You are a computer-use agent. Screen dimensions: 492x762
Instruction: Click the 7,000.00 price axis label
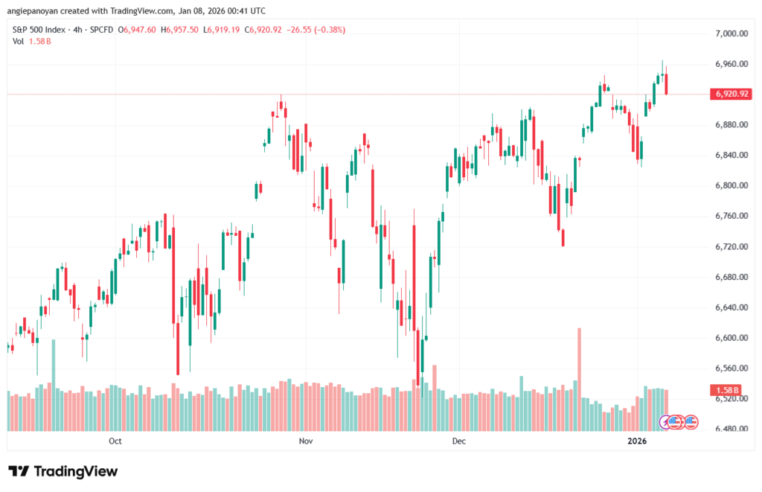tap(730, 33)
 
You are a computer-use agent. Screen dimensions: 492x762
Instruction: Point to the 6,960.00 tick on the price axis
tap(730, 64)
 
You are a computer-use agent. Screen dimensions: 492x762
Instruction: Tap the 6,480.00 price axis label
tap(730, 429)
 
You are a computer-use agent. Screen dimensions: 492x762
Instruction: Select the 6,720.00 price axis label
tap(730, 246)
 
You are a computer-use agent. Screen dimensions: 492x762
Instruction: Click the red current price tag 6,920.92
tap(729, 95)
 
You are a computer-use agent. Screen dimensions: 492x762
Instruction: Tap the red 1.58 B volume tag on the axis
tap(726, 390)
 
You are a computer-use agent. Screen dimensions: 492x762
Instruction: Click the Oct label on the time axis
tap(115, 441)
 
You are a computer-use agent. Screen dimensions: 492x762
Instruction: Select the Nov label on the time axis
tap(304, 441)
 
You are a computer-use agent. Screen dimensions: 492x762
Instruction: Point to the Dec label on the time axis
tap(458, 441)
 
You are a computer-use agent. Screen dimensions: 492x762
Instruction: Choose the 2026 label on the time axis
tap(637, 441)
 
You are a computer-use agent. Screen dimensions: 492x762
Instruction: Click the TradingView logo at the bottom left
tap(63, 471)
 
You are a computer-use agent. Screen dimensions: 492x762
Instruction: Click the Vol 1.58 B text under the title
tap(31, 41)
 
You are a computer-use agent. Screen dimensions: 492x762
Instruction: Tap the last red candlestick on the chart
tap(667, 84)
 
